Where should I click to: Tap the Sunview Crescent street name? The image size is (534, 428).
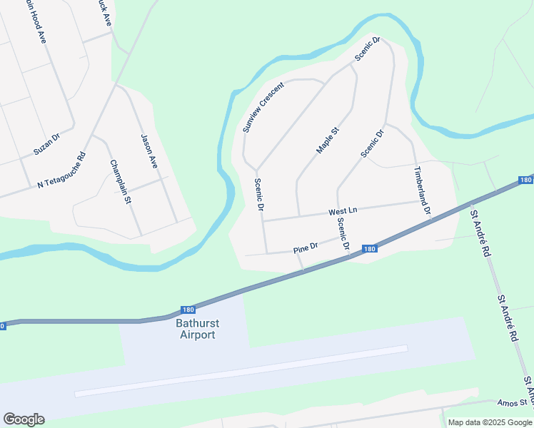coord(263,106)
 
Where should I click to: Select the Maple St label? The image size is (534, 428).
coord(327,140)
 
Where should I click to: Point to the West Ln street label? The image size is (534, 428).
coord(342,212)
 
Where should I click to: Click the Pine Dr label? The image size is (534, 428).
coord(305,248)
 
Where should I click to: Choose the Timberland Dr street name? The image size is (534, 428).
coord(422,191)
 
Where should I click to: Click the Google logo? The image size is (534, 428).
coord(24,419)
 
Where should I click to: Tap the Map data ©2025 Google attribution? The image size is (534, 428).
coord(490,422)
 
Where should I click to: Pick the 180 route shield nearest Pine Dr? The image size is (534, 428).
coord(369,249)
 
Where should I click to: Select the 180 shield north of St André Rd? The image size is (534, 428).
coord(525,180)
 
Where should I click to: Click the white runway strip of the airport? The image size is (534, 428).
coord(241,370)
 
